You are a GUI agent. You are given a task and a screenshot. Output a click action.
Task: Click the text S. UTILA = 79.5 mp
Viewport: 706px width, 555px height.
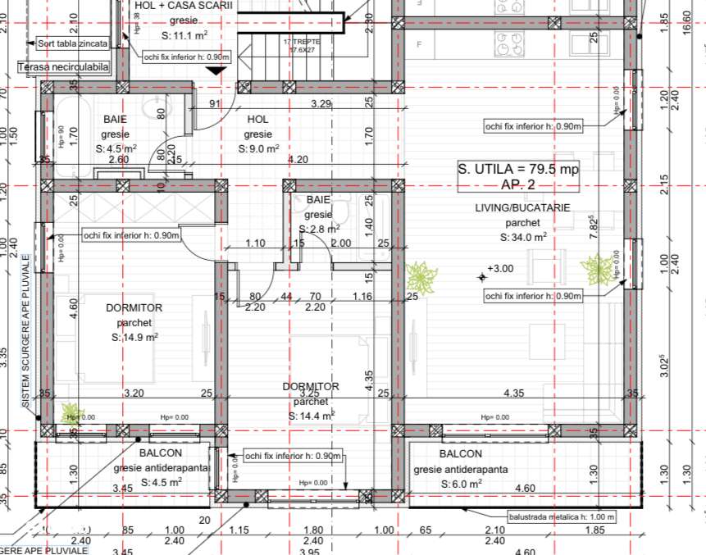click(x=517, y=170)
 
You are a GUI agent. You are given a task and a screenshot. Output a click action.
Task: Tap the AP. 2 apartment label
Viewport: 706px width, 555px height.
click(x=517, y=184)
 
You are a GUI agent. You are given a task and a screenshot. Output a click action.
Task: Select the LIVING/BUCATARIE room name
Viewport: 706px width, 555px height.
click(x=522, y=208)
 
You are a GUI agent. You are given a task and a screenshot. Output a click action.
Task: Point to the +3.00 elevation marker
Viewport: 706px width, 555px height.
click(x=500, y=269)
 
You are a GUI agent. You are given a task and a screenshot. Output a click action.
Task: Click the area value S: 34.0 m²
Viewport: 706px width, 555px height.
click(x=522, y=237)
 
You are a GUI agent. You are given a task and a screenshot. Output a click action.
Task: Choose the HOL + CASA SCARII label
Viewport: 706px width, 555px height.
click(x=184, y=6)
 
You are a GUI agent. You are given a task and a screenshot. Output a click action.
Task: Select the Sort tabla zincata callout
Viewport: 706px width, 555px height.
click(x=72, y=43)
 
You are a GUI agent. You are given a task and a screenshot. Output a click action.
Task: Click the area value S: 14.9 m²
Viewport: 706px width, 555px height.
click(x=134, y=337)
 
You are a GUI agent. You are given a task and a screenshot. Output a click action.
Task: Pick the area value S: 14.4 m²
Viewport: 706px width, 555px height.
click(x=311, y=416)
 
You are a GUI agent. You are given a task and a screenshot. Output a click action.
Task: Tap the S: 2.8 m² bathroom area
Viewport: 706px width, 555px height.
click(x=319, y=230)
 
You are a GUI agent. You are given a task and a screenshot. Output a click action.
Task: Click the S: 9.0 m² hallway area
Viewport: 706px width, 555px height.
click(x=258, y=149)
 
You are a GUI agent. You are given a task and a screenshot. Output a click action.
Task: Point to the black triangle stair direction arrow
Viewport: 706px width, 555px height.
click(x=216, y=71)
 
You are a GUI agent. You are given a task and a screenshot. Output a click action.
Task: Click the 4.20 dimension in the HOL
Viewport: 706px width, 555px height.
click(x=298, y=160)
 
